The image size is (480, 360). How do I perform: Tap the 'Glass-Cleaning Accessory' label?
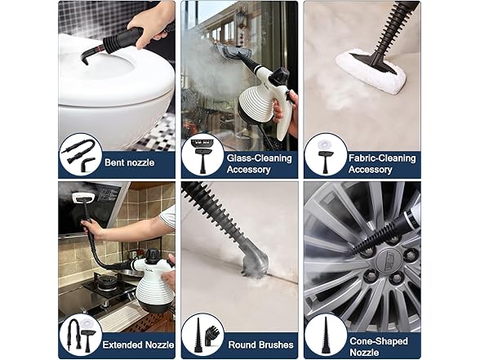coord(250,163)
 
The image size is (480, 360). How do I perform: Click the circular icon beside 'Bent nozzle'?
coord(80,155)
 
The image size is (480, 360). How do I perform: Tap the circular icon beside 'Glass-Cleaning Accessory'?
coord(202,155)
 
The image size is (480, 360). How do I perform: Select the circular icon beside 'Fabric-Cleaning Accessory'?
coord(326,155)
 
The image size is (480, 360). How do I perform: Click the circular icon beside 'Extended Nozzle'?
coord(80,335)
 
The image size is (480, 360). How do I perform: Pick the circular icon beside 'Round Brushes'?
coord(202,335)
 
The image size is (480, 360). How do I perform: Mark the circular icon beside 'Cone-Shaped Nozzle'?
coord(326,335)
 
